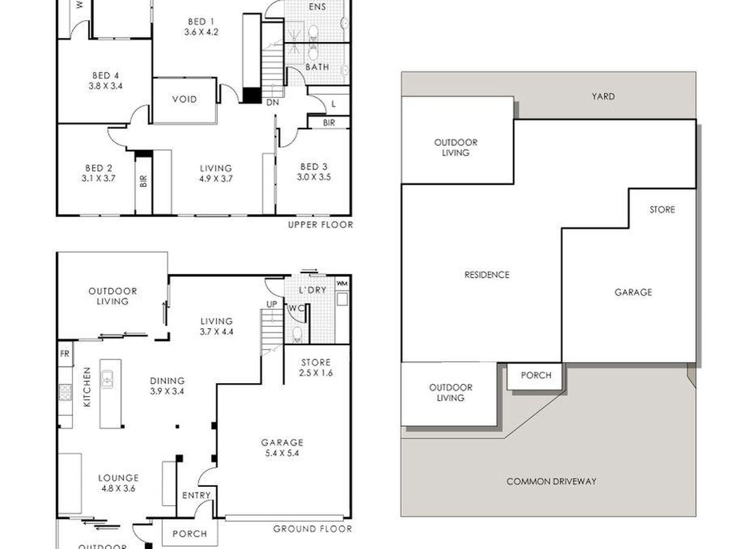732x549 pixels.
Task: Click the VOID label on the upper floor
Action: point(184,99)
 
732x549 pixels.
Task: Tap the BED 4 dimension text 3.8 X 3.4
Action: point(106,86)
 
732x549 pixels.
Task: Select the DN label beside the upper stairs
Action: point(273,102)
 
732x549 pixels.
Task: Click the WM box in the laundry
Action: point(342,283)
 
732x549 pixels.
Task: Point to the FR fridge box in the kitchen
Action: point(65,354)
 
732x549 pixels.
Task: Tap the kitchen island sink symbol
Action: point(107,379)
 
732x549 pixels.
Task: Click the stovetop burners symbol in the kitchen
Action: point(65,392)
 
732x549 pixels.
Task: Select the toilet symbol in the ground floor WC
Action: point(297,335)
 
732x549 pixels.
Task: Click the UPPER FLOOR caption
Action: point(320,225)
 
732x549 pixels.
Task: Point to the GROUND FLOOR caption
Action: point(312,529)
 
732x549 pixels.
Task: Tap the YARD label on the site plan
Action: point(603,96)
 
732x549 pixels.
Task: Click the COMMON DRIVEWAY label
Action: point(551,481)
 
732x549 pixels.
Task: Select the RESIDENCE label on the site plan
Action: point(487,274)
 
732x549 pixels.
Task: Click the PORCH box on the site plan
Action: point(535,376)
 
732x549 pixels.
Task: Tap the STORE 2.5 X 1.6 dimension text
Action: point(316,373)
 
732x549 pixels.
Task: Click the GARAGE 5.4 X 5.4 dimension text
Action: point(282,453)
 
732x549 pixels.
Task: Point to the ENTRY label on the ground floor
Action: point(196,495)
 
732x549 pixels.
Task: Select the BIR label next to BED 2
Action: point(143,181)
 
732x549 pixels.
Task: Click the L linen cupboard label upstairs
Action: point(334,104)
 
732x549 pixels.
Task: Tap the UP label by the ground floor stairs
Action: point(272,304)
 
